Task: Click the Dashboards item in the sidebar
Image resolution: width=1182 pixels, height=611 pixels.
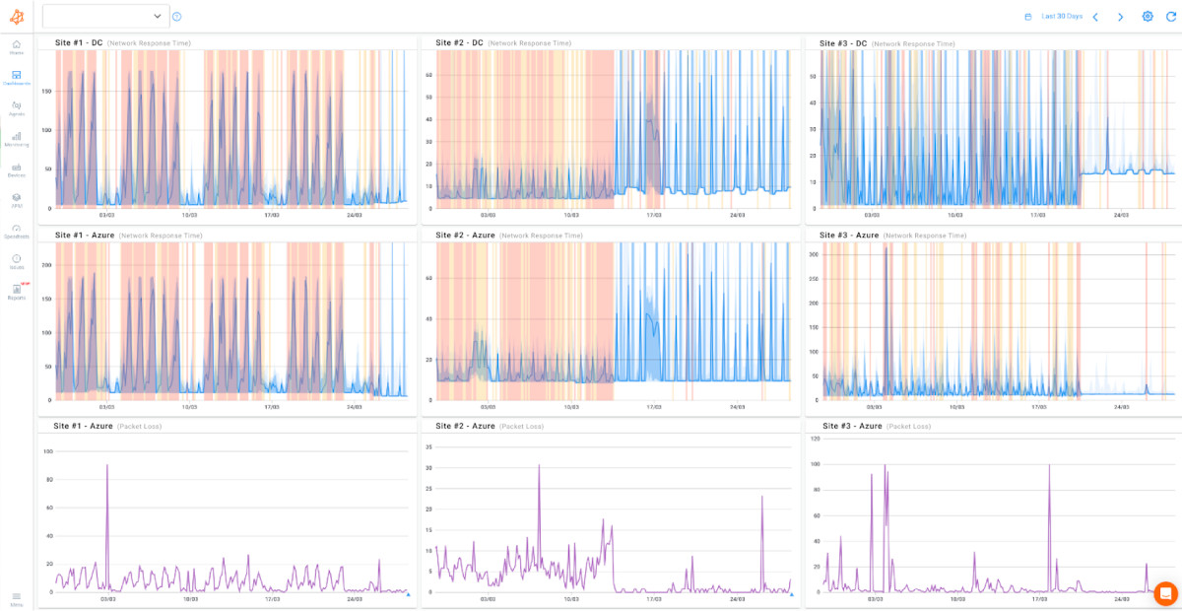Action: pos(17,77)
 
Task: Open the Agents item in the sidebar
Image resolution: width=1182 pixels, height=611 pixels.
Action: pos(17,107)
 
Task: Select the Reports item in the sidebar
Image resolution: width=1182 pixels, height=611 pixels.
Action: pos(17,291)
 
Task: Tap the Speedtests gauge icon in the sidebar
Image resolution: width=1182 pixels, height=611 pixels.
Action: pos(17,230)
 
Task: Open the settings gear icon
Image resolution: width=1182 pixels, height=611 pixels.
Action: pos(1148,17)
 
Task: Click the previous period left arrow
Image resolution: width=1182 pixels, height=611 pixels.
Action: pos(1095,17)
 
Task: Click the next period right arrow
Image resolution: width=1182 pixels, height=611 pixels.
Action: pos(1120,17)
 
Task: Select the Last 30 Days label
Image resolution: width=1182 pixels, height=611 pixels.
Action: pos(1062,17)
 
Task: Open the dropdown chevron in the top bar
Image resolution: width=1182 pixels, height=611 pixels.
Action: pos(158,16)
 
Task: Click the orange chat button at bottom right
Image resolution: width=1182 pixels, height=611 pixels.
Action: pos(1165,593)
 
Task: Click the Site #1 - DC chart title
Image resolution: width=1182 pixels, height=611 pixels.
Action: pos(79,43)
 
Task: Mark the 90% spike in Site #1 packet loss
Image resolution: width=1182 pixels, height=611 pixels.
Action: pos(107,465)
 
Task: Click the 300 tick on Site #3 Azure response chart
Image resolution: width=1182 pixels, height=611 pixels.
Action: pos(814,254)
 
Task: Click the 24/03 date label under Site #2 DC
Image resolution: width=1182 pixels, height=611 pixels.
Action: pos(737,214)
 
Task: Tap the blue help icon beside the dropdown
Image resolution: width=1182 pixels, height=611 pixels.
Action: pos(177,16)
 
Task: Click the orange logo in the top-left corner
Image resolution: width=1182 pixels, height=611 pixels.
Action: pos(17,16)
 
